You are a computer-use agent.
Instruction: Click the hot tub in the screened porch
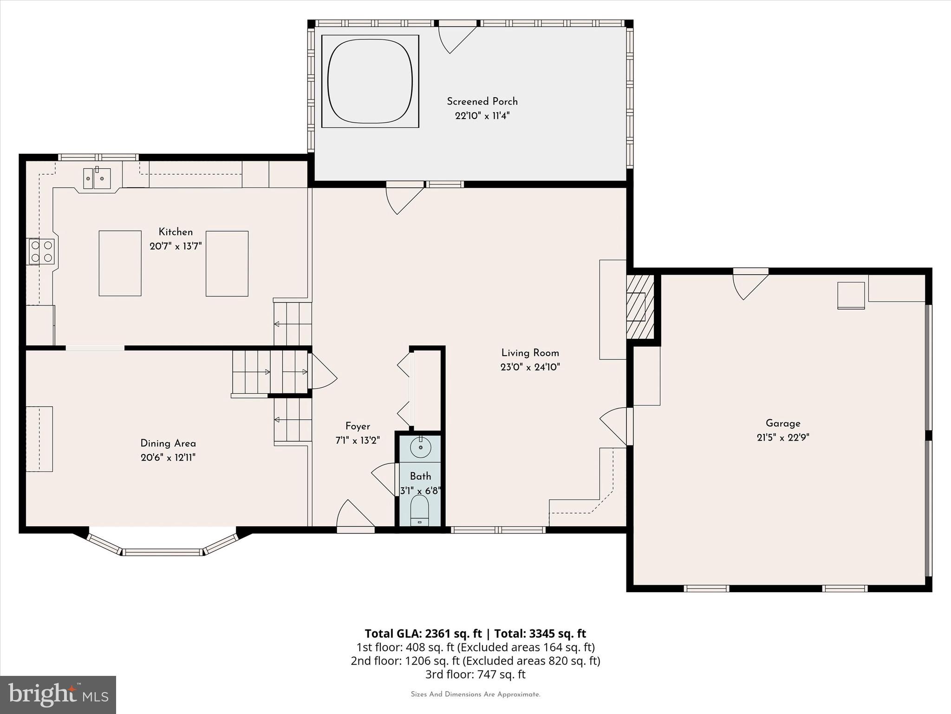[370, 81]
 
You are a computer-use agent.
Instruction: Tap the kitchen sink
[97, 178]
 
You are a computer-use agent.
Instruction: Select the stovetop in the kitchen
[41, 251]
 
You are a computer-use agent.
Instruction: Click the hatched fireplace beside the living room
[640, 307]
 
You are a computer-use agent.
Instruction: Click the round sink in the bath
[420, 447]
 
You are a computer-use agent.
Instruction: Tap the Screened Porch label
[482, 101]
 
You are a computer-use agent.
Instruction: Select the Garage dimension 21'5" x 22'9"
[783, 437]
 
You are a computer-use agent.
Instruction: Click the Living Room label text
[530, 353]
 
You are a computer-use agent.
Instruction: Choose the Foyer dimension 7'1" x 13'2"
[358, 440]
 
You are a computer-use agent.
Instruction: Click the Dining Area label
[168, 443]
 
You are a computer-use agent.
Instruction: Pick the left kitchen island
[120, 263]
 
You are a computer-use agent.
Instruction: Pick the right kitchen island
[227, 263]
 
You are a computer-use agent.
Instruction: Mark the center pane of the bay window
[163, 552]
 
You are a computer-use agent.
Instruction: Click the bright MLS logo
[58, 694]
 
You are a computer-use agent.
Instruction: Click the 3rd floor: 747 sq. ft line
[475, 674]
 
